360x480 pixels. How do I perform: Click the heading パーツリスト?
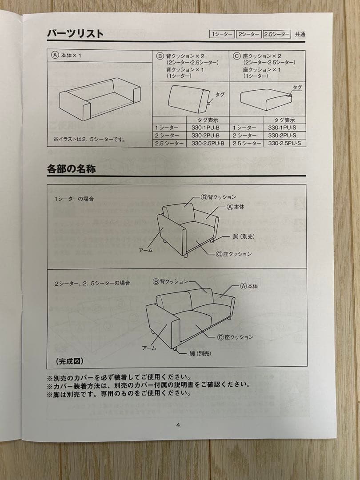point(76,34)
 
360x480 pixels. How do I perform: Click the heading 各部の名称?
point(71,169)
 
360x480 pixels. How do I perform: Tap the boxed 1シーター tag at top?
point(222,34)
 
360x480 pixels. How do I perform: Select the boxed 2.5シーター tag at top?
point(276,34)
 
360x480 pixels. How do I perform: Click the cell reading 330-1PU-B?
point(208,128)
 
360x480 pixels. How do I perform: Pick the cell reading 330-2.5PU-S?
point(284,143)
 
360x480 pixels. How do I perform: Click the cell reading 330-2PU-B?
point(208,135)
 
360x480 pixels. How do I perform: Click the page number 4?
point(178,425)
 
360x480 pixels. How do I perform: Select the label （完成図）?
point(69,361)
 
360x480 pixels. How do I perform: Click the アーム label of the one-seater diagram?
point(146,250)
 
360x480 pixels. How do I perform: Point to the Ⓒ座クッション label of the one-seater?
point(234,254)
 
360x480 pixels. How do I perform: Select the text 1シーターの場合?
point(74,199)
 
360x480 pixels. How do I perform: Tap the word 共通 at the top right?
point(300,34)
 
